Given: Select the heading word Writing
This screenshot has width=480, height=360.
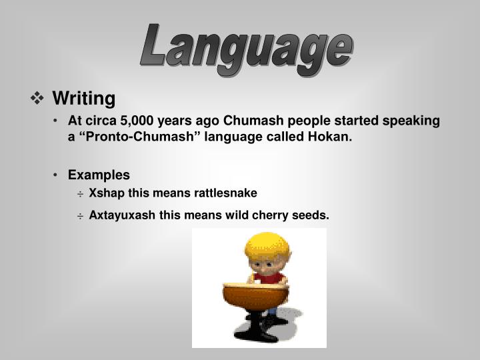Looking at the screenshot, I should point(84,99).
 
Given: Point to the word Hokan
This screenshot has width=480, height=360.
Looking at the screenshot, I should point(328,137).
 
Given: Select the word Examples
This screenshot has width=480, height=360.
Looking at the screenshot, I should point(99,175).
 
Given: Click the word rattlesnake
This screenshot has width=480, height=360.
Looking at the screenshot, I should point(225,193).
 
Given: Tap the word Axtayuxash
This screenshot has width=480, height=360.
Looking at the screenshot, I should point(120,215).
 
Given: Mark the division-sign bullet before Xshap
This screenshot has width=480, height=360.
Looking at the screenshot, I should point(80,194).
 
